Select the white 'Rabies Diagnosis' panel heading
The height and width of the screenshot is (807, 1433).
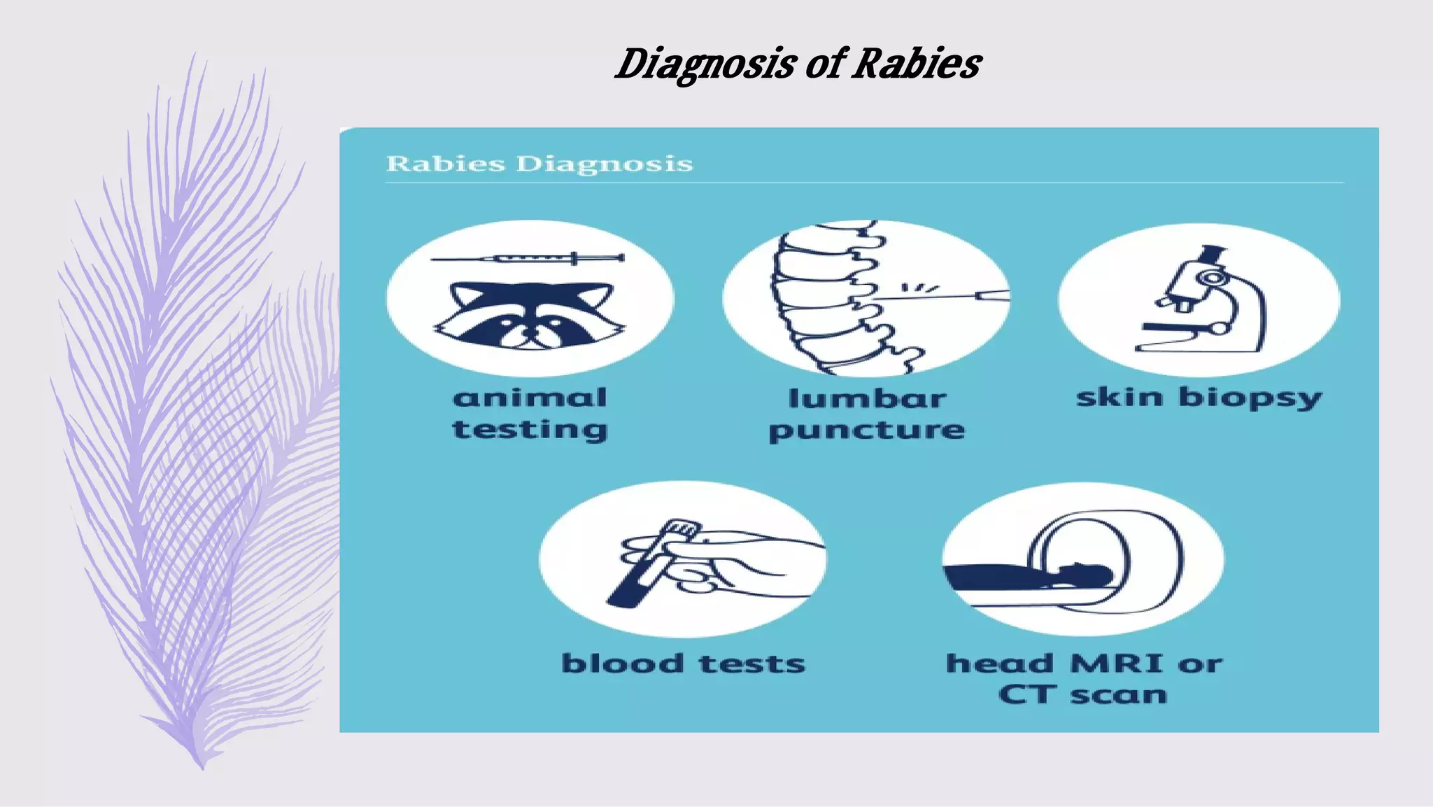pos(539,164)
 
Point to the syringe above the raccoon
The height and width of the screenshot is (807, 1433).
pos(528,258)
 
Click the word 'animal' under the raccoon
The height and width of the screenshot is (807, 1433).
pos(530,398)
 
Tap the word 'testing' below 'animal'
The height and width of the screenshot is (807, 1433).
pos(530,430)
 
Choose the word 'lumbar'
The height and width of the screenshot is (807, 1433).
pos(867,399)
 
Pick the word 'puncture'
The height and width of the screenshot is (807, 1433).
pos(867,430)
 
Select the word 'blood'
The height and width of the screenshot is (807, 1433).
pos(623,664)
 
